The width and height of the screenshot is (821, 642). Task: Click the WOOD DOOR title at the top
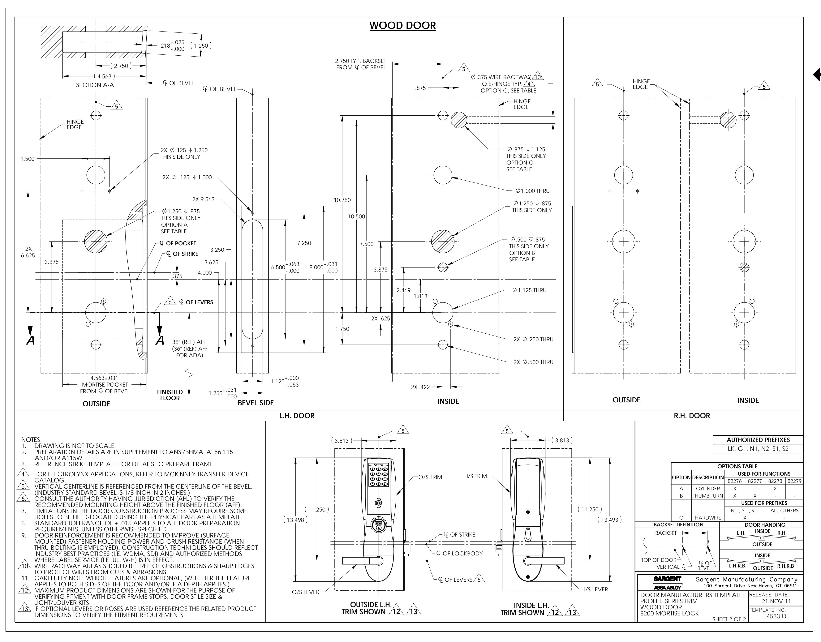coord(403,26)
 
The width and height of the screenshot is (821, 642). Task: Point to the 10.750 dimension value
coord(342,200)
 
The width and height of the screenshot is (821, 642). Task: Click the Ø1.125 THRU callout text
coord(529,290)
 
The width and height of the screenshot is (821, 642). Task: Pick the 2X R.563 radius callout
coord(203,199)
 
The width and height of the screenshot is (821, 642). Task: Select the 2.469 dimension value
coord(404,290)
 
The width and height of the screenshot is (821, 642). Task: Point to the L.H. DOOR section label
coord(297,416)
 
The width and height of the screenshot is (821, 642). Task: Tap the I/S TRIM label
coord(477,476)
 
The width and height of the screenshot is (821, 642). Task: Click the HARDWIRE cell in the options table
coord(708,518)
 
